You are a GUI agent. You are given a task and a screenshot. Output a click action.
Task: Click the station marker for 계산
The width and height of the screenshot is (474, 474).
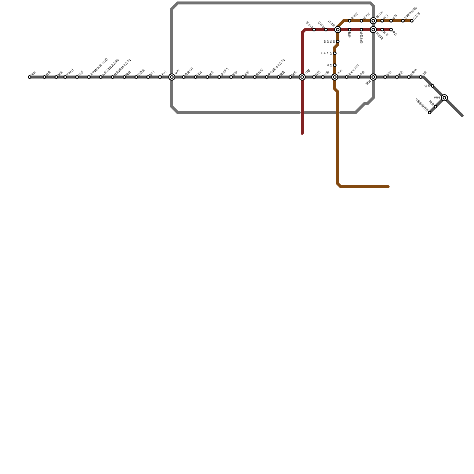click(30, 77)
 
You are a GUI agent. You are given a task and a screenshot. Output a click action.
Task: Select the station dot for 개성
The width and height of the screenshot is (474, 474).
click(77, 77)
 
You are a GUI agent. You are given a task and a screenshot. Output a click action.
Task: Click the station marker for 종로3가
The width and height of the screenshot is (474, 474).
click(219, 77)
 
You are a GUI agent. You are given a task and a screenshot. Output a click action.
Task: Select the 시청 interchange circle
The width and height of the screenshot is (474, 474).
click(302, 77)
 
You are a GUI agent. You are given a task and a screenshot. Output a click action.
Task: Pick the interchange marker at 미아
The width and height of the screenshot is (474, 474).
click(335, 77)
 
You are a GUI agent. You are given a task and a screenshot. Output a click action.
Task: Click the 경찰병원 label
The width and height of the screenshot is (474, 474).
click(329, 41)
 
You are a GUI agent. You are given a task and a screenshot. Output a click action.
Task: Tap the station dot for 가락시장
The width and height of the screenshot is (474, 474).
click(335, 53)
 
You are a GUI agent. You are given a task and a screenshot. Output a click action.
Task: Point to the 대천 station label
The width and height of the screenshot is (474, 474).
click(329, 65)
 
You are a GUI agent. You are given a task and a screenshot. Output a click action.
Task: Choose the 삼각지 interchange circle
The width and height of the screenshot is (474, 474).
click(373, 21)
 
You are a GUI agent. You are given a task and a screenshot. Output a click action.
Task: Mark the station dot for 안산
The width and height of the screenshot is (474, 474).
click(382, 21)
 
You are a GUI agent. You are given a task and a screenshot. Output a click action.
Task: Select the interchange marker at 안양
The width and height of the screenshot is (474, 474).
click(444, 98)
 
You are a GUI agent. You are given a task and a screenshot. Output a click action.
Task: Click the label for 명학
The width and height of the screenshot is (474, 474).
click(427, 86)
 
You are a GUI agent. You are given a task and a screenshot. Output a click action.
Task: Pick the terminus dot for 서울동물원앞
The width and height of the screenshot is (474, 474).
click(430, 113)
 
